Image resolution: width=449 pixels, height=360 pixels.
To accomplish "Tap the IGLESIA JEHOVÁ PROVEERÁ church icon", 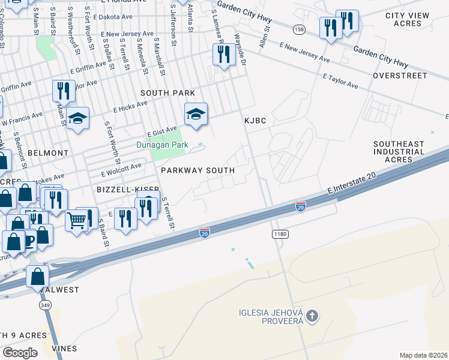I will (x=311, y=316).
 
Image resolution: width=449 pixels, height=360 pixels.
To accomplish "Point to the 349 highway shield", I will (x=44, y=306).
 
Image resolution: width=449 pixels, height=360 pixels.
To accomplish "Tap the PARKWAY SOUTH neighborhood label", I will (x=197, y=170).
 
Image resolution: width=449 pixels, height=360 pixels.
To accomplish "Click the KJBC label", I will (x=255, y=121).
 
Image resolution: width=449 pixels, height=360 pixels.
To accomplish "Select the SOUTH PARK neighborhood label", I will (x=167, y=93).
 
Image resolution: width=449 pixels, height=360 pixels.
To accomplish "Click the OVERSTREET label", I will (x=400, y=76).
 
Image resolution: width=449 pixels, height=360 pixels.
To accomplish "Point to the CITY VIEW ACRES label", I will (x=408, y=19).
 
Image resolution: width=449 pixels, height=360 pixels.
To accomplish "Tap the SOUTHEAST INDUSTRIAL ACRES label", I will (x=401, y=152).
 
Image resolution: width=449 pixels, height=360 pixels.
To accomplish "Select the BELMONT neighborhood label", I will (x=47, y=153).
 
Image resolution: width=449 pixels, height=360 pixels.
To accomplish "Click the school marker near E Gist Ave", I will (x=196, y=113).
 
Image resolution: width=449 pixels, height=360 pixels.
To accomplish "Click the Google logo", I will (x=20, y=353).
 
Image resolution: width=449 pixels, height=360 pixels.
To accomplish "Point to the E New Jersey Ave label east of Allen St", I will (x=304, y=53).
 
